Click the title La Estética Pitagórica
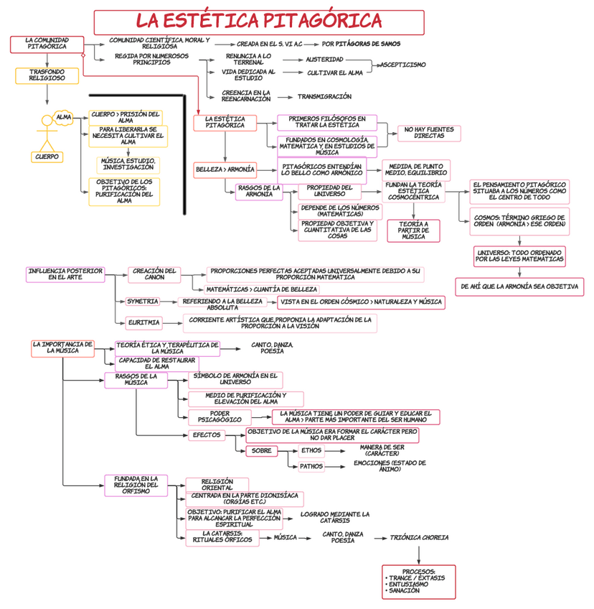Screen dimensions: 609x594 pos(258,22)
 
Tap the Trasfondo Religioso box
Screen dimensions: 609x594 pos(47,75)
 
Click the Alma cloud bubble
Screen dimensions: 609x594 pos(64,117)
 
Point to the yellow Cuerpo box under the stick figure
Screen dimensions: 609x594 pos(48,157)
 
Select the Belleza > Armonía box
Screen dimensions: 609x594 pos(225,170)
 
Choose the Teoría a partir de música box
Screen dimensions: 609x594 pos(413,230)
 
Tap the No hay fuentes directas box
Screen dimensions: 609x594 pos(429,133)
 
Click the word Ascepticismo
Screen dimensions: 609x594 pos(402,65)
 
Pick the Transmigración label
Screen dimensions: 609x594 pos(324,96)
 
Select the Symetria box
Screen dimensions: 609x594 pos(143,302)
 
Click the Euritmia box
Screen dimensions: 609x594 pos(143,322)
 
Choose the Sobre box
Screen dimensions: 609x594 pos(262,451)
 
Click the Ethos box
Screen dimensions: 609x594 pos(311,450)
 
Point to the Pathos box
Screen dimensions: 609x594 pos(311,466)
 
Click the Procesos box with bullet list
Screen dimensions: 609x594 pos(419,581)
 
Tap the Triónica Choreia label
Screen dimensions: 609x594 pos(425,537)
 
